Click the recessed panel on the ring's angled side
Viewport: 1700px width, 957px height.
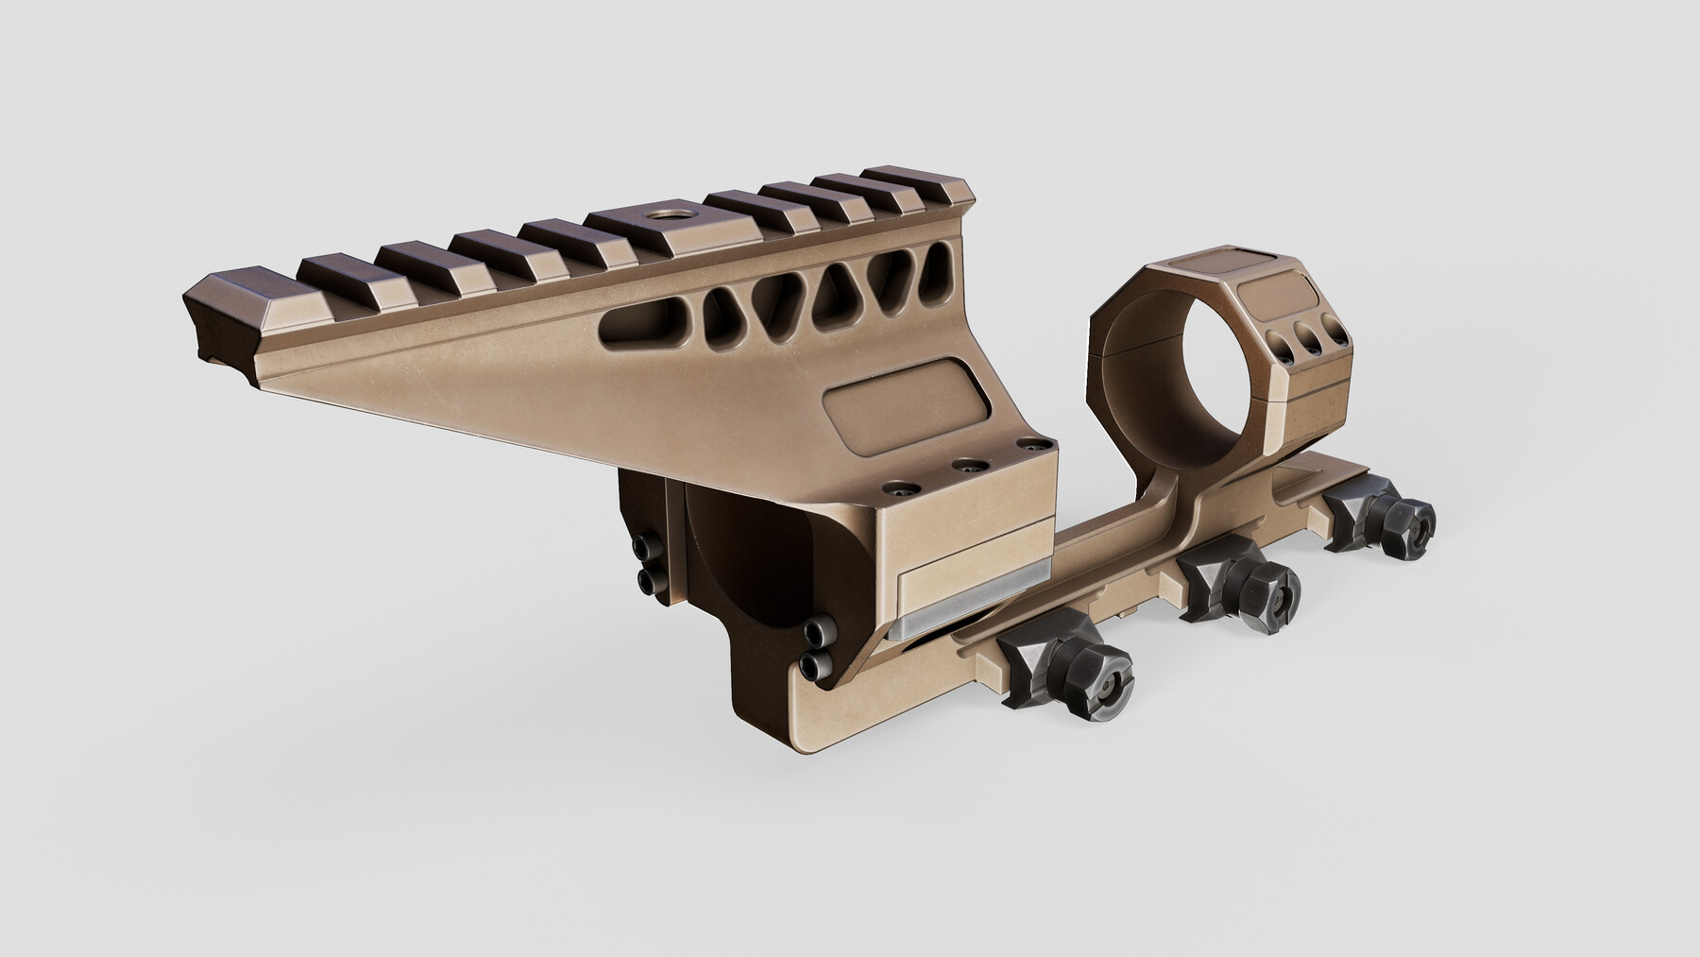click(x=1295, y=292)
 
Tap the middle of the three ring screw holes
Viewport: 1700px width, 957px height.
click(x=1309, y=338)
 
